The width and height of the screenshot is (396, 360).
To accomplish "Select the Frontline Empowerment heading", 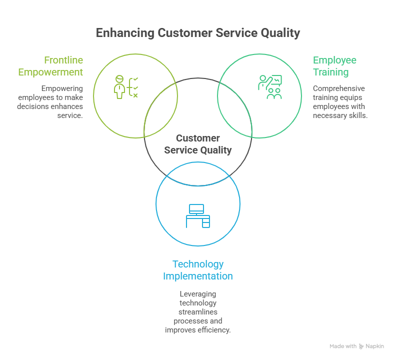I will pyautogui.click(x=51, y=66).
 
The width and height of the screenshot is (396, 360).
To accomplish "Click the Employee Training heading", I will pyautogui.click(x=334, y=66).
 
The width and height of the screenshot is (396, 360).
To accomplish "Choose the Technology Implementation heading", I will pyautogui.click(x=198, y=270).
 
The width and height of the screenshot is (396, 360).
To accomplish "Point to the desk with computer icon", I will pyautogui.click(x=198, y=216).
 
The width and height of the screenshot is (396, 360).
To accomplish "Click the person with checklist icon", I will pyautogui.click(x=125, y=87).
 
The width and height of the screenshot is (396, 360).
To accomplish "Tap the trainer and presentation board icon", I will pyautogui.click(x=270, y=87).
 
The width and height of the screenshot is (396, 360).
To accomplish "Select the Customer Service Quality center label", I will pyautogui.click(x=198, y=144).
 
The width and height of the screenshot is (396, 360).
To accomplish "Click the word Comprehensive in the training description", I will pyautogui.click(x=339, y=88).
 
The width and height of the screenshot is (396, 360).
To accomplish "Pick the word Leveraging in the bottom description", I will pyautogui.click(x=198, y=294).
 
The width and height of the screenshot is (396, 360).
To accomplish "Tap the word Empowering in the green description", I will pyautogui.click(x=62, y=88).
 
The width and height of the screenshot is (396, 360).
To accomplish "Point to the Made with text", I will pyautogui.click(x=343, y=346).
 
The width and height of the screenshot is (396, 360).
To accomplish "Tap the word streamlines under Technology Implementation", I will pyautogui.click(x=198, y=312).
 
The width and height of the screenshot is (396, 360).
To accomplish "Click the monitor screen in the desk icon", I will pyautogui.click(x=196, y=208).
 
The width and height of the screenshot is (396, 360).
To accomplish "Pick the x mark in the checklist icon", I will pyautogui.click(x=135, y=95).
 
